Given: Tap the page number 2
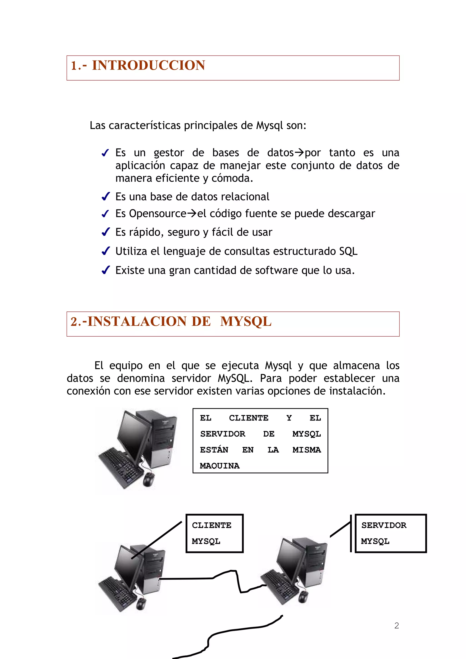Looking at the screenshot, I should click(x=397, y=625).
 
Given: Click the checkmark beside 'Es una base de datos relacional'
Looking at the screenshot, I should click(x=106, y=197).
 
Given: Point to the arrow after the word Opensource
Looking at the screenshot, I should click(x=192, y=214).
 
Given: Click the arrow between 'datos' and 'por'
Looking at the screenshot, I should click(x=299, y=152).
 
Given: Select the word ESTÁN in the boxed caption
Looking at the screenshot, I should click(x=214, y=450).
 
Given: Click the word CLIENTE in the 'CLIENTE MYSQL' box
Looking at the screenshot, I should click(x=212, y=525).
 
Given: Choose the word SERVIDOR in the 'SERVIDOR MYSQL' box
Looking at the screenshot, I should click(x=384, y=525).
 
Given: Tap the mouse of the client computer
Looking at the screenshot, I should click(x=141, y=604).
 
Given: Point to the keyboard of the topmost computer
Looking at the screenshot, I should click(x=121, y=466).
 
